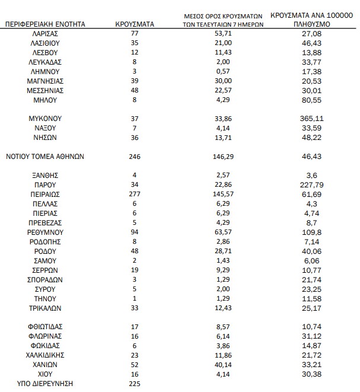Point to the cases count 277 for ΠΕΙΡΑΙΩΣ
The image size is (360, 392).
(x=134, y=194)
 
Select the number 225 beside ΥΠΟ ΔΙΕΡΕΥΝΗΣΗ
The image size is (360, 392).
(x=134, y=383)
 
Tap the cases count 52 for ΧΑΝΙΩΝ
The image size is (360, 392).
(x=134, y=364)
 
